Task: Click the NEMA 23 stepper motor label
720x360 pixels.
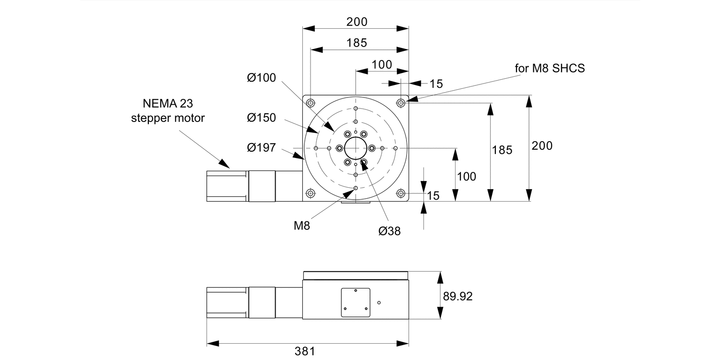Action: click(x=168, y=110)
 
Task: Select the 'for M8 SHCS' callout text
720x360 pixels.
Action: click(x=550, y=68)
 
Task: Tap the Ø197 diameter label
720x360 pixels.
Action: click(x=262, y=147)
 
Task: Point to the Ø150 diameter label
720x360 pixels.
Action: click(x=262, y=117)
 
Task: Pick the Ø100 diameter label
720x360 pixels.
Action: click(x=262, y=77)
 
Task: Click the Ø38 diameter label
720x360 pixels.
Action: click(x=389, y=231)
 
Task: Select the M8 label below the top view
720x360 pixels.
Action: click(x=302, y=225)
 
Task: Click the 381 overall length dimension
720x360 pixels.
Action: click(x=305, y=351)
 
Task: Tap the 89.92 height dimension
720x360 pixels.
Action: click(x=457, y=297)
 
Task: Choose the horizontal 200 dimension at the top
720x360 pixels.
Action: click(x=356, y=22)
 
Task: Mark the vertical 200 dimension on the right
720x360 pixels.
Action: click(x=542, y=146)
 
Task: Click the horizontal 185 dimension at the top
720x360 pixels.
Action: click(x=356, y=43)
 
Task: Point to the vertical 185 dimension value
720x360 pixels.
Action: click(x=502, y=150)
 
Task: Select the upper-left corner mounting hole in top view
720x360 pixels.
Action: click(x=311, y=103)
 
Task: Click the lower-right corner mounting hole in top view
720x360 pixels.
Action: click(x=401, y=193)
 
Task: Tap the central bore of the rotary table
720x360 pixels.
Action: click(x=356, y=148)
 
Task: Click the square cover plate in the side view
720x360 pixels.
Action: click(x=356, y=302)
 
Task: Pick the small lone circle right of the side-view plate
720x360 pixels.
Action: click(x=379, y=302)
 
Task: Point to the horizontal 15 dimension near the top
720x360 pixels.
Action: click(x=436, y=84)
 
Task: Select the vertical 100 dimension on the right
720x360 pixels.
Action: click(x=467, y=177)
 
